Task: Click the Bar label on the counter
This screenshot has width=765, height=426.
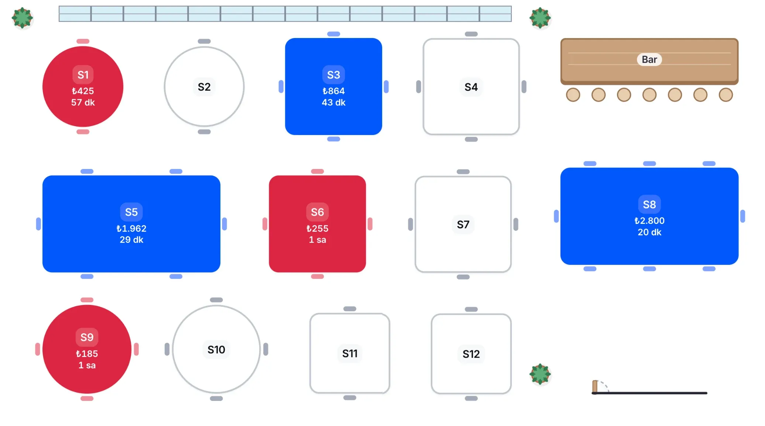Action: (x=649, y=59)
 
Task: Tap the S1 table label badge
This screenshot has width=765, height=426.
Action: (x=83, y=75)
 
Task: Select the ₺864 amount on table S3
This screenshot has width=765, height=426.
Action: (x=333, y=91)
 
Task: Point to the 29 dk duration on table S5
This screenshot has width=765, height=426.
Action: (x=131, y=240)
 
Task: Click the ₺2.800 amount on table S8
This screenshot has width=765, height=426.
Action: (x=649, y=221)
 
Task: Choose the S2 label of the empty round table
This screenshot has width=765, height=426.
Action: (x=204, y=87)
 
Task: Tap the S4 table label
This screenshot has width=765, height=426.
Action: (x=471, y=87)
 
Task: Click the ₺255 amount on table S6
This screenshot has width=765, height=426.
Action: (x=317, y=228)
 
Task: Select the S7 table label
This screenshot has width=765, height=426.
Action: (x=463, y=224)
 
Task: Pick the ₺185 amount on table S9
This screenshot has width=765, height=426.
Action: (x=87, y=354)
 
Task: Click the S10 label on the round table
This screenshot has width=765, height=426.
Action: (x=216, y=349)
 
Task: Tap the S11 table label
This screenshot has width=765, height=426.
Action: (x=350, y=353)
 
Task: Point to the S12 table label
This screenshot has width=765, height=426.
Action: (x=471, y=354)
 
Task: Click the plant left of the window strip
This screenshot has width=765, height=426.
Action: (x=23, y=18)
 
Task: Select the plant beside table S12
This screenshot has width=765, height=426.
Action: (x=540, y=374)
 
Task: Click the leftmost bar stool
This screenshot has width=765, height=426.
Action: (x=573, y=95)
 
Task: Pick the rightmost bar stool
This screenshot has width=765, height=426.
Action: (x=725, y=95)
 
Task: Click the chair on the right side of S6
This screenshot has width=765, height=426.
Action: (x=370, y=224)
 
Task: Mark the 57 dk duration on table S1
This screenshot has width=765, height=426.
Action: (x=83, y=103)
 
